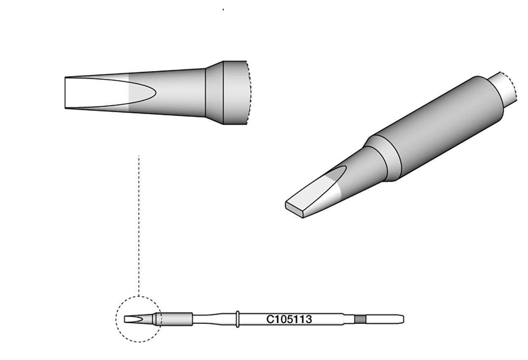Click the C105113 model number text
point(289,320)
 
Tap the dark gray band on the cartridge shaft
point(360,319)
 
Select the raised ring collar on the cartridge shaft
point(238,319)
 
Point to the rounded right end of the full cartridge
point(402,319)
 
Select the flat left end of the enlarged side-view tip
point(66,93)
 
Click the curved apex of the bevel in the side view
point(154,93)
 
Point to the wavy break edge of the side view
point(248,93)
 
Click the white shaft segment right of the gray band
point(382,319)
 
